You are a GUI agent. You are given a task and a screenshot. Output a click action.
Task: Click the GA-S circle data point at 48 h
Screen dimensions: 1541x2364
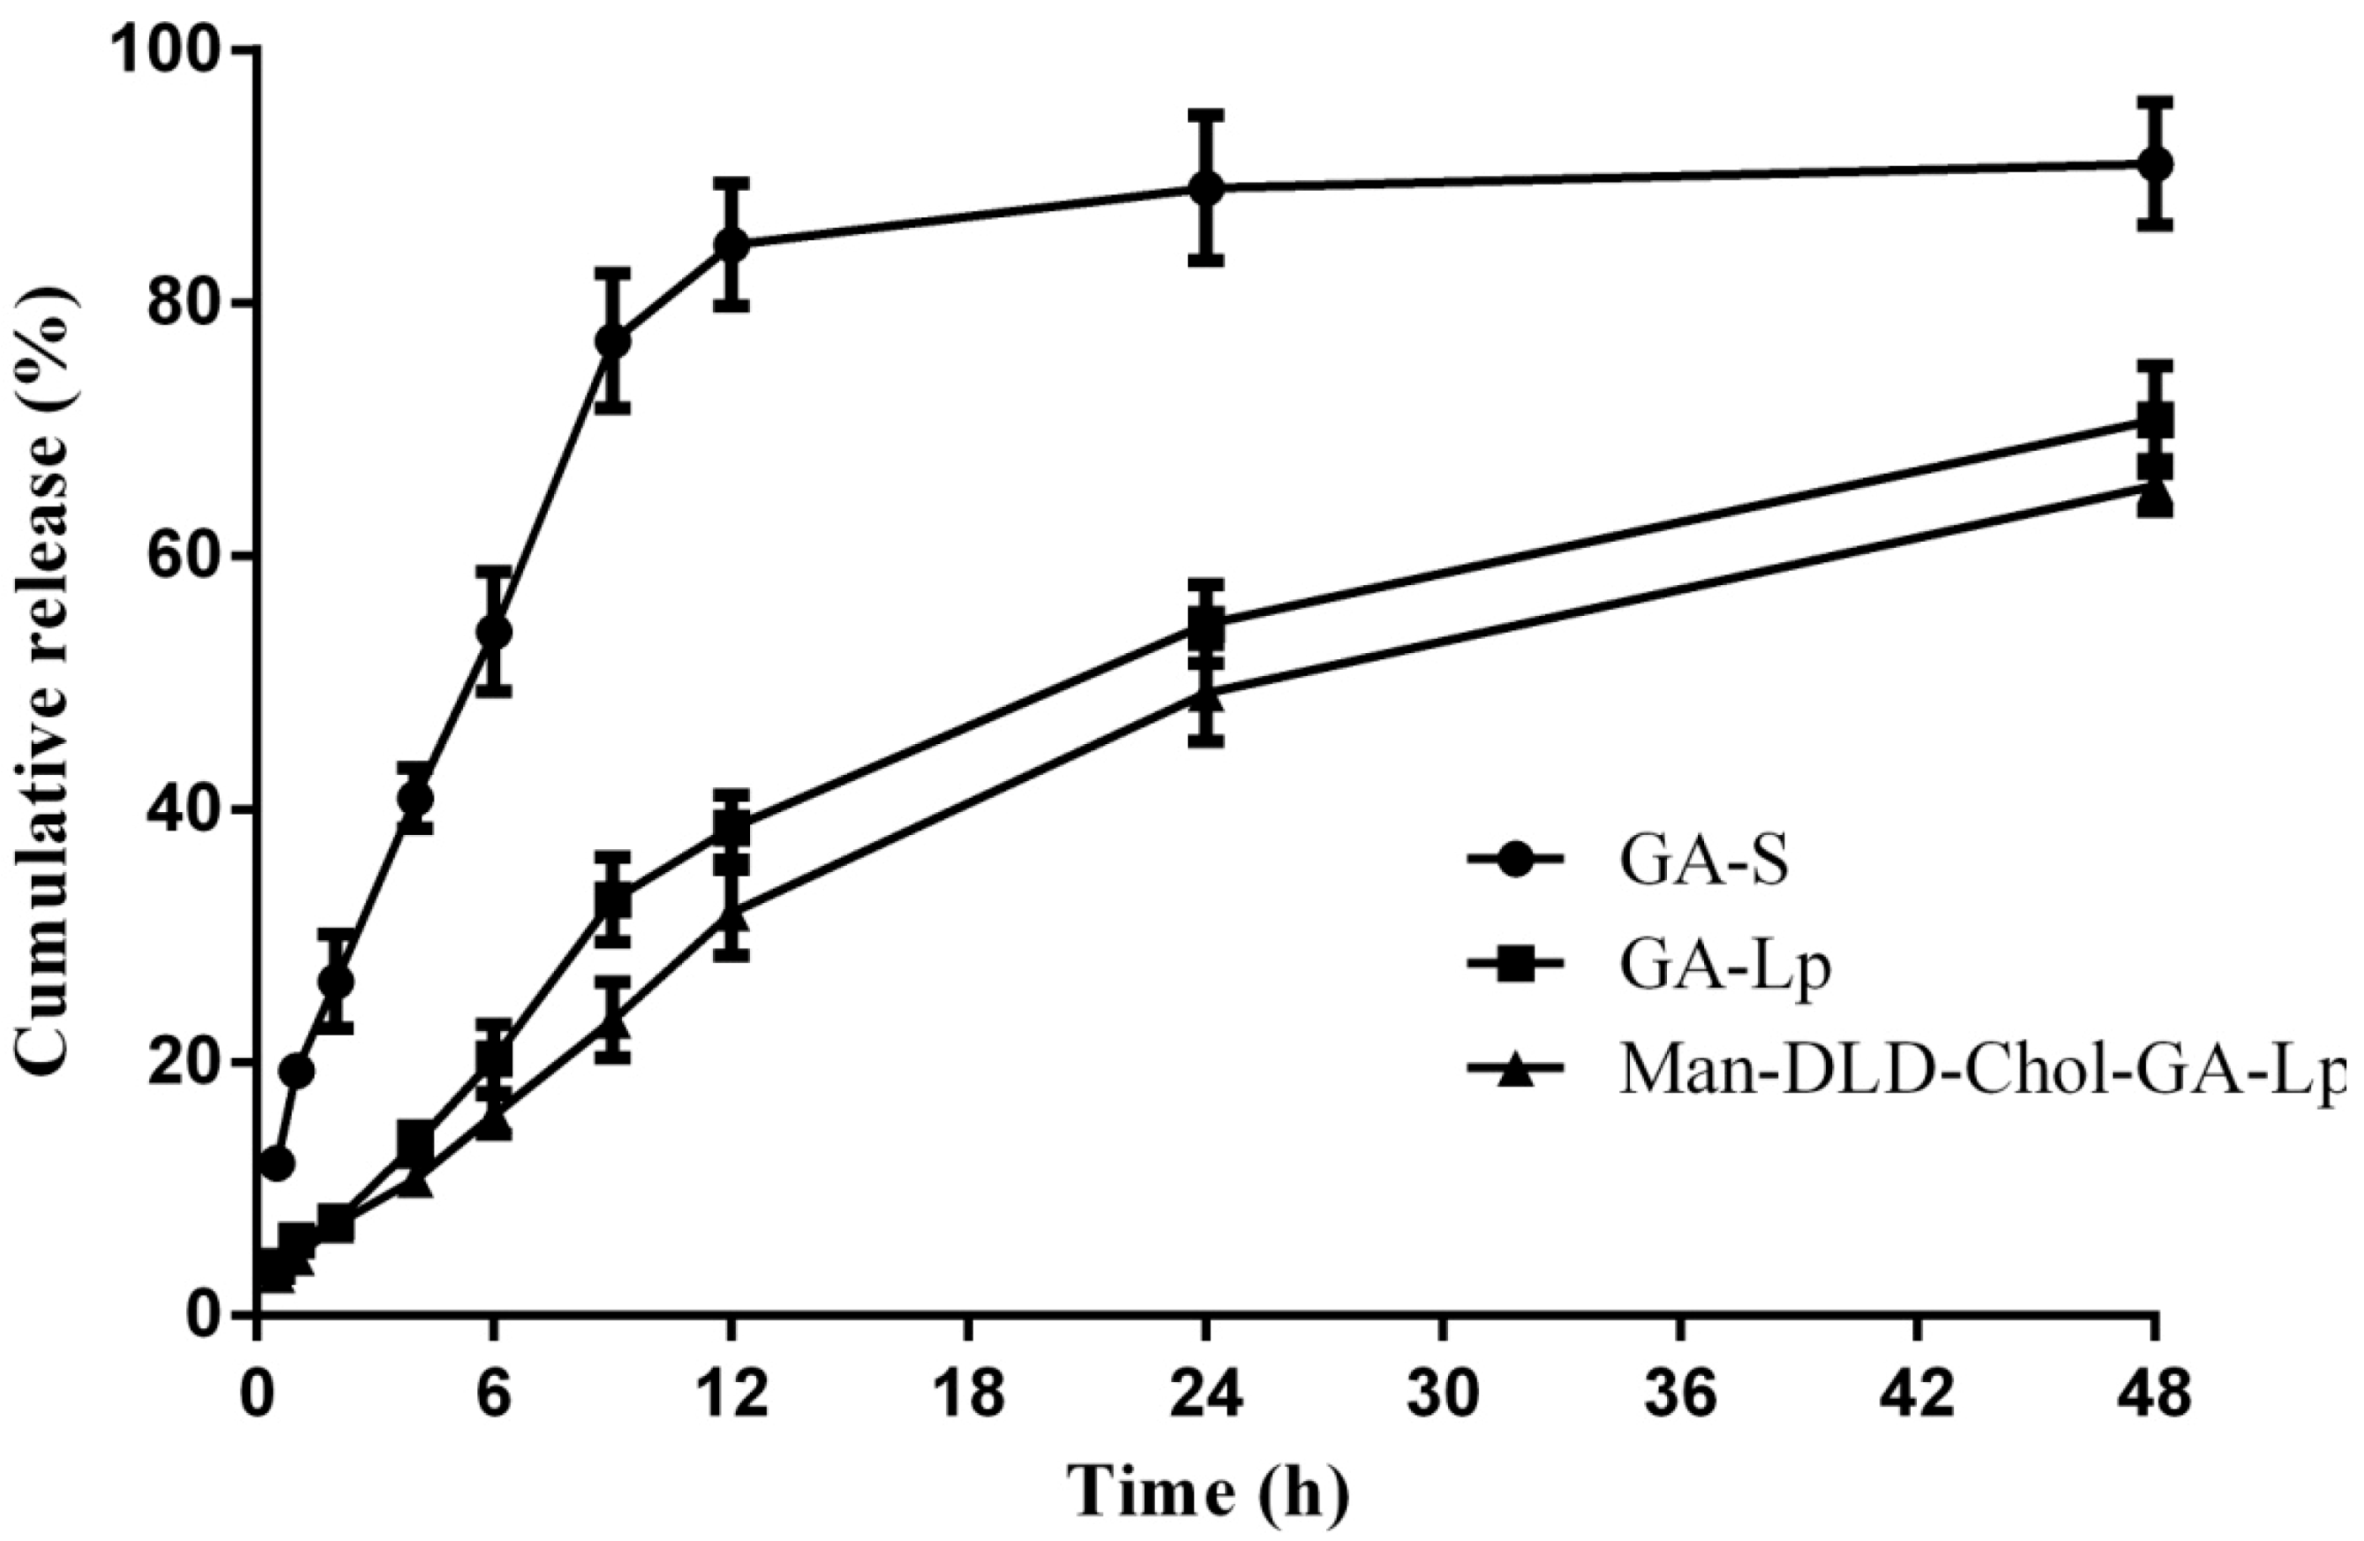pyautogui.click(x=2154, y=164)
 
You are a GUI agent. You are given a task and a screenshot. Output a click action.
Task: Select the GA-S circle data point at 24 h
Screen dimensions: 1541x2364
pyautogui.click(x=1205, y=188)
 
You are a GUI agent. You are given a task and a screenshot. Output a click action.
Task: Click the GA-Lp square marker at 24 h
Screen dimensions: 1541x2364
pyautogui.click(x=1205, y=624)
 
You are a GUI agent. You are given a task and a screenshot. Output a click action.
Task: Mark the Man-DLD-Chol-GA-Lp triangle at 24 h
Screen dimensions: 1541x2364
pyautogui.click(x=1205, y=694)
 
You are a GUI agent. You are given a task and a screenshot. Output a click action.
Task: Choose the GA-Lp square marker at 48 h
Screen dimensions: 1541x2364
pyautogui.click(x=2154, y=420)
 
